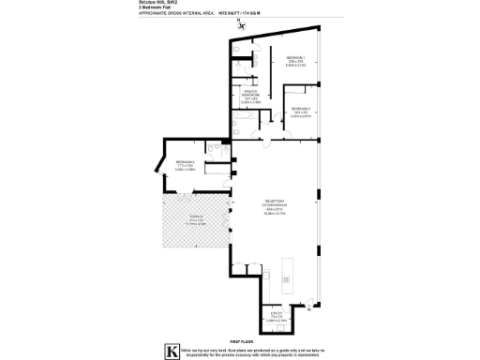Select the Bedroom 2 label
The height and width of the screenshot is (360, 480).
[184, 168]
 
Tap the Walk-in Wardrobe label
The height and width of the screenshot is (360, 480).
[250, 94]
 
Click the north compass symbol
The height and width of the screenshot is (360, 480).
[240, 22]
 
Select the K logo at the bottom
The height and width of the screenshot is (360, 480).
[172, 352]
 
